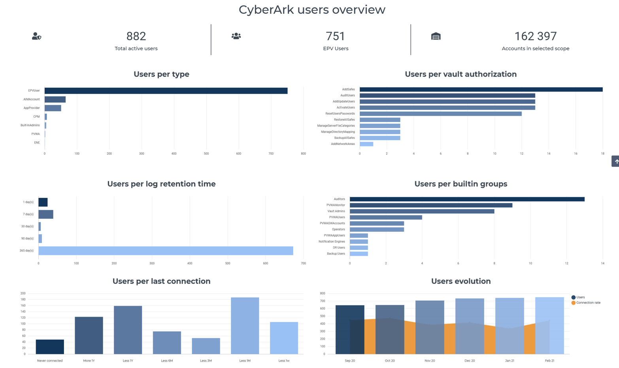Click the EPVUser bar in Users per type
(166, 91)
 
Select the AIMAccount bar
(55, 100)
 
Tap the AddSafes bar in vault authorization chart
(481, 90)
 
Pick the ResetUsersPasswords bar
(440, 114)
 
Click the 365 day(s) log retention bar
(166, 251)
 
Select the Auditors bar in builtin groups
(467, 199)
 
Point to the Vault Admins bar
(422, 211)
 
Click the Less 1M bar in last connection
(245, 326)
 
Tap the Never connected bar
(50, 347)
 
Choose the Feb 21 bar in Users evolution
(549, 326)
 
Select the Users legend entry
(580, 297)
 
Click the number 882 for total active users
(136, 36)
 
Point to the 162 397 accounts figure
(535, 36)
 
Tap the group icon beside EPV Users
(236, 36)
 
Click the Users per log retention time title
(161, 184)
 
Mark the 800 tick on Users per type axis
(303, 154)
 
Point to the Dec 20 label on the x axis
(470, 360)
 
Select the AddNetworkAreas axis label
(343, 144)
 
